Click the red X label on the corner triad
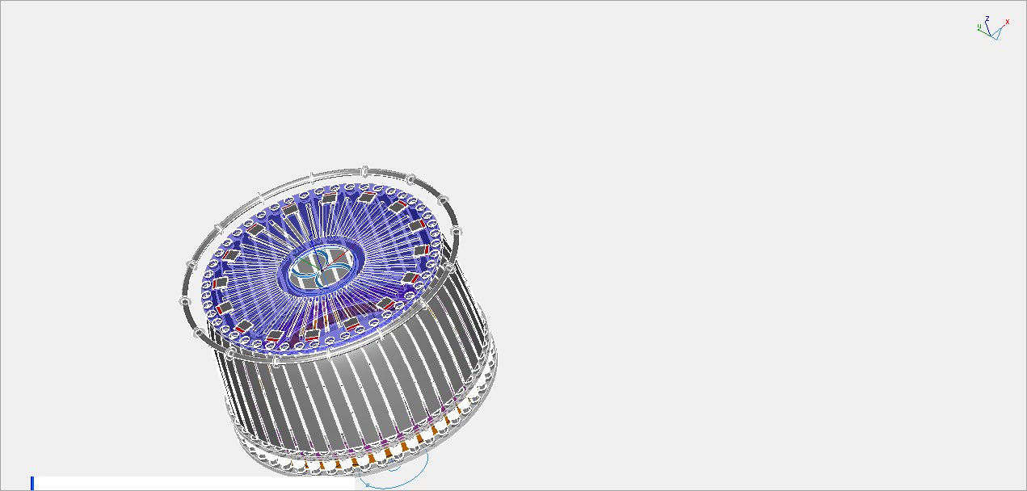click(1008, 22)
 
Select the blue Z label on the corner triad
click(987, 19)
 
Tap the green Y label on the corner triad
click(979, 27)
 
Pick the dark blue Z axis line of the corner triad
click(988, 28)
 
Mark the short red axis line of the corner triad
click(1002, 27)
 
